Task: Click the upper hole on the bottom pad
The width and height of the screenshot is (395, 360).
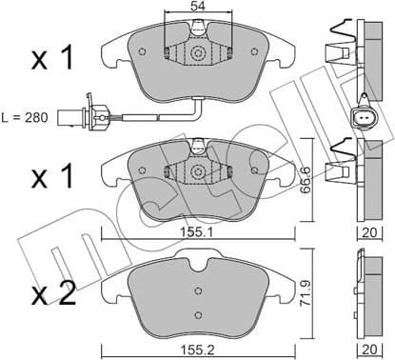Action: coord(197,291)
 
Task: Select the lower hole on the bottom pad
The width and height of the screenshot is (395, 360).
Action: coord(197,315)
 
